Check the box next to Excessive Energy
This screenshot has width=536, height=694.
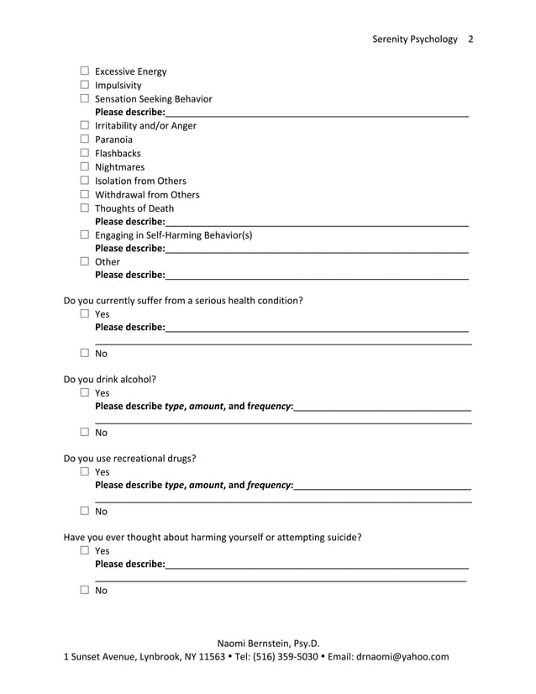[84, 71]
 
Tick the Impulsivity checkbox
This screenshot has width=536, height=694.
[84, 85]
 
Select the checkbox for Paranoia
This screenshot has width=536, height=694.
[84, 139]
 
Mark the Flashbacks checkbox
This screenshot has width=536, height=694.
[84, 153]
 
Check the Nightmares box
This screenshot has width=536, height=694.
[84, 167]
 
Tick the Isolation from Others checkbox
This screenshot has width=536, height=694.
[84, 181]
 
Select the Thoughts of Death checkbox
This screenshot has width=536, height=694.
[84, 208]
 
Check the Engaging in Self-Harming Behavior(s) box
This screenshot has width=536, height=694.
[84, 235]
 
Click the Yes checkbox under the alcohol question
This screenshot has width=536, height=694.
[84, 392]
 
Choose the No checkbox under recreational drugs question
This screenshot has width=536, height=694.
[84, 511]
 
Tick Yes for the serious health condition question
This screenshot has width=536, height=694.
[84, 314]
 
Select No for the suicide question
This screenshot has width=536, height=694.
[84, 591]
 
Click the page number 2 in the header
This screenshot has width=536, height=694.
[470, 39]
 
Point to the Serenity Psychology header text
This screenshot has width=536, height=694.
[415, 39]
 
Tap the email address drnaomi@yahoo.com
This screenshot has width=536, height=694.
[402, 657]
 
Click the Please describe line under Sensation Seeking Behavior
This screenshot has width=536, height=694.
[316, 113]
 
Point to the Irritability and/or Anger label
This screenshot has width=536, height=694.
[145, 126]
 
